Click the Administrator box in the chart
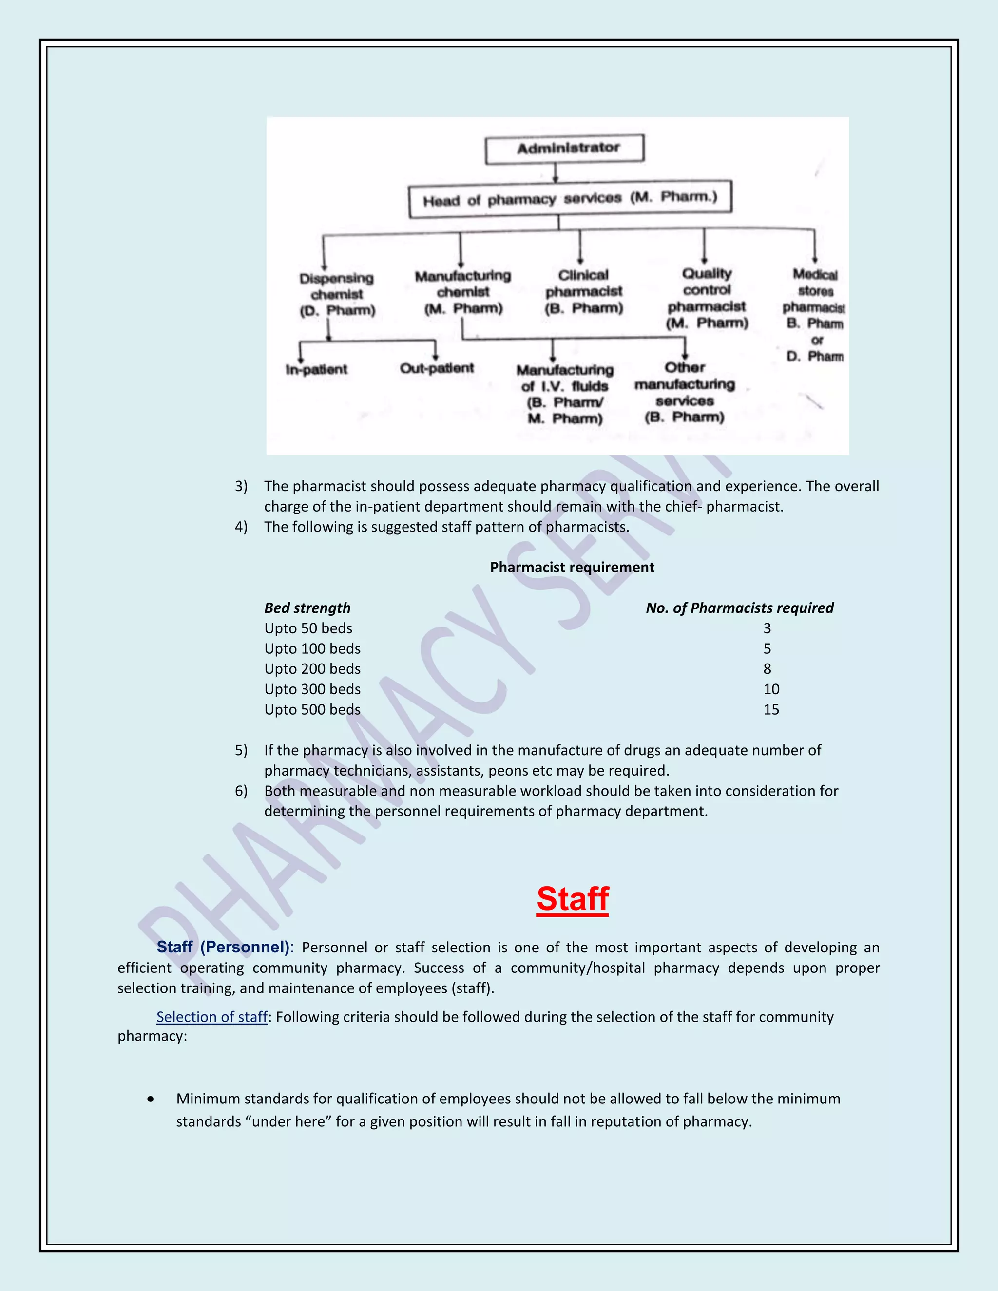coord(565,149)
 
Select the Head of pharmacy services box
coord(570,199)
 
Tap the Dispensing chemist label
coord(337,294)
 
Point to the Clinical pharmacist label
coord(583,291)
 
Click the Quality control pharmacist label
coord(707,298)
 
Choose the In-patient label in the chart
coord(316,369)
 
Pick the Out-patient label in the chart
coord(437,368)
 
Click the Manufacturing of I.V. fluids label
coord(565,394)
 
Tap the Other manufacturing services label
coord(685,392)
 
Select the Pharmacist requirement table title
coord(572,568)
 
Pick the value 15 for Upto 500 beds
coord(771,709)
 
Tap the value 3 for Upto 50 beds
coord(767,628)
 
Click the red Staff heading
coord(572,899)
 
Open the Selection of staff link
coord(211,1017)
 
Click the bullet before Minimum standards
coord(152,1099)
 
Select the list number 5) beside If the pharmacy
coord(241,750)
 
